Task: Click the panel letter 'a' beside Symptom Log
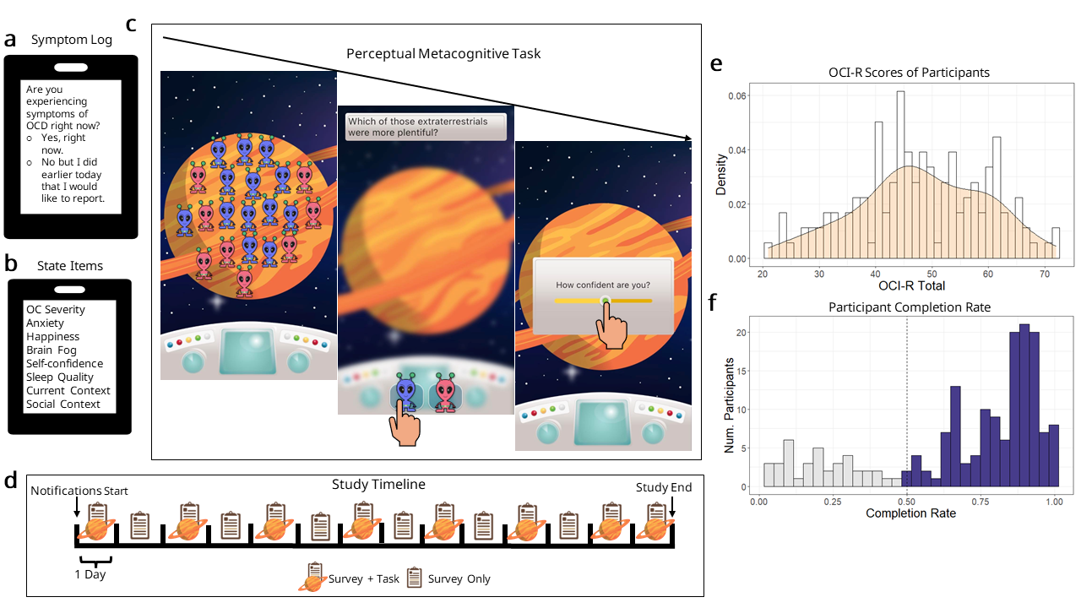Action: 11,40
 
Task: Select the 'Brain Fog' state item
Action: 52,350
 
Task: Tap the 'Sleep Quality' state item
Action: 59,377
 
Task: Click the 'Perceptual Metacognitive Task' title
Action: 443,53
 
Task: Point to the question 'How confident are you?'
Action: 603,285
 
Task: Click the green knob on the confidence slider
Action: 604,300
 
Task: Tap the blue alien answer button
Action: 407,394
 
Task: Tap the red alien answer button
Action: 445,394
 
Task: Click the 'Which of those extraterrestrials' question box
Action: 426,127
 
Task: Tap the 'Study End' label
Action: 664,487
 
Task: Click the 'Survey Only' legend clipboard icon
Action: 415,578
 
